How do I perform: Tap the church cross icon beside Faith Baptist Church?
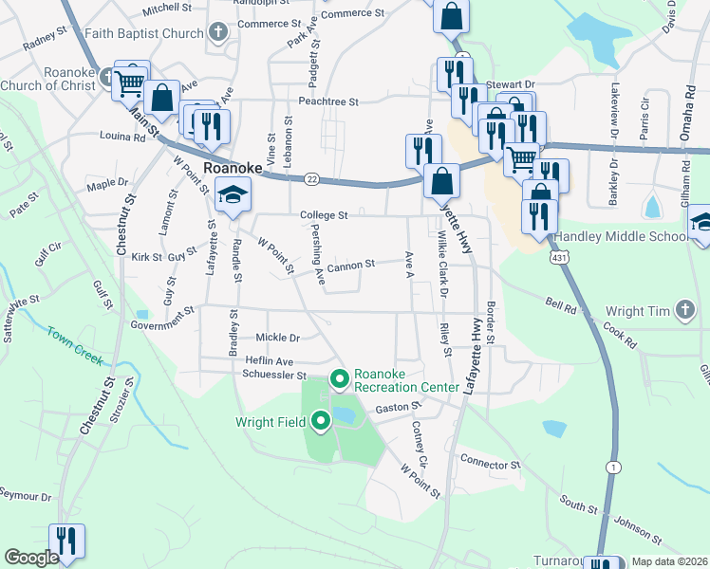pyautogui.click(x=219, y=33)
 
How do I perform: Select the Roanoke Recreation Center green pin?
pyautogui.click(x=340, y=380)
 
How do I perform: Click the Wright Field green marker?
pyautogui.click(x=321, y=421)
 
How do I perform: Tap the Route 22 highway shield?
pyautogui.click(x=311, y=178)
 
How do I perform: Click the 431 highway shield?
pyautogui.click(x=556, y=257)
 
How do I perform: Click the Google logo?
pyautogui.click(x=31, y=558)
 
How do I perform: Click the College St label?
pyautogui.click(x=326, y=215)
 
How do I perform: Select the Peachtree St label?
pyautogui.click(x=327, y=101)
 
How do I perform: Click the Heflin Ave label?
pyautogui.click(x=270, y=361)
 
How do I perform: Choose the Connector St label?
pyautogui.click(x=490, y=465)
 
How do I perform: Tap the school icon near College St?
pyautogui.click(x=231, y=196)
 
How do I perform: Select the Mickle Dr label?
pyautogui.click(x=277, y=338)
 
